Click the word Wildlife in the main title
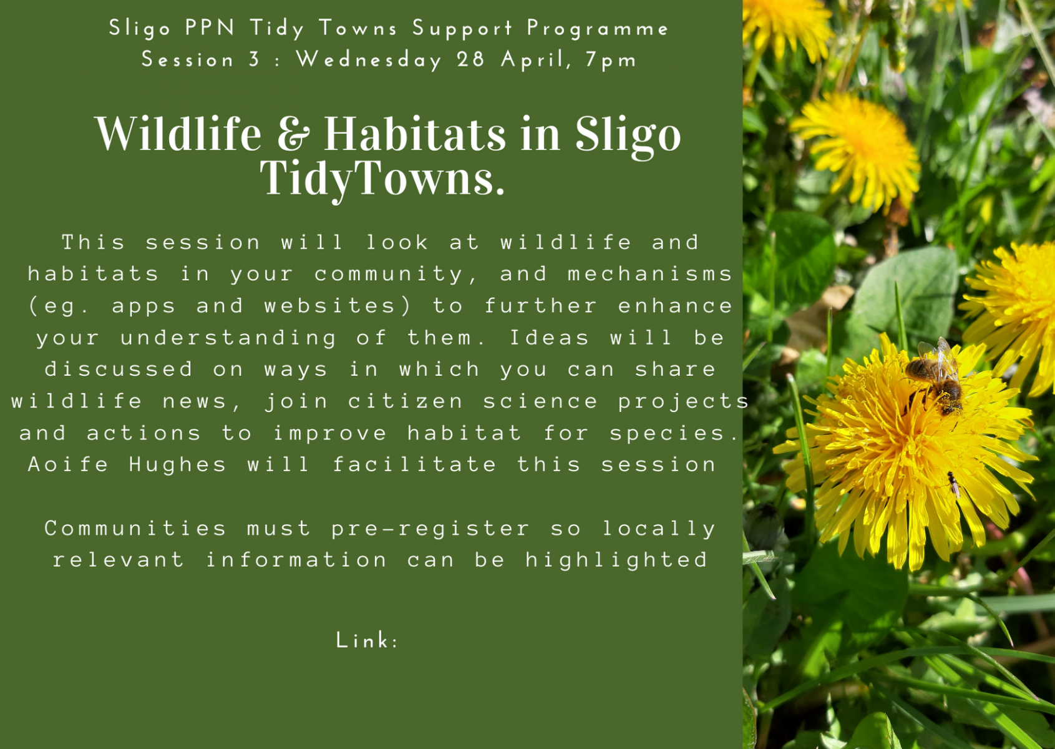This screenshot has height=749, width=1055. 178,134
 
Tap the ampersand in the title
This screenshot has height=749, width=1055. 293,134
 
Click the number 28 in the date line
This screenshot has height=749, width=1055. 470,59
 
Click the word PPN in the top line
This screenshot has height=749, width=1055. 210,27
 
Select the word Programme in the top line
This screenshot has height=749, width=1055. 598,29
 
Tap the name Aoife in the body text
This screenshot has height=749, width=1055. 68,464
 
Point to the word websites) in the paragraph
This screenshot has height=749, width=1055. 338,306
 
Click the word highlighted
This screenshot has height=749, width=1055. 616,561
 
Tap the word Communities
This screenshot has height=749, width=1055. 135,529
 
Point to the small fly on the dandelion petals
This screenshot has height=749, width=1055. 953,485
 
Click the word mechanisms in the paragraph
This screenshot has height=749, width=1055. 651,274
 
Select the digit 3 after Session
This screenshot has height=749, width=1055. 255,59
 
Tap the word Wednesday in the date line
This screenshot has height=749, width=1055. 369,61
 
